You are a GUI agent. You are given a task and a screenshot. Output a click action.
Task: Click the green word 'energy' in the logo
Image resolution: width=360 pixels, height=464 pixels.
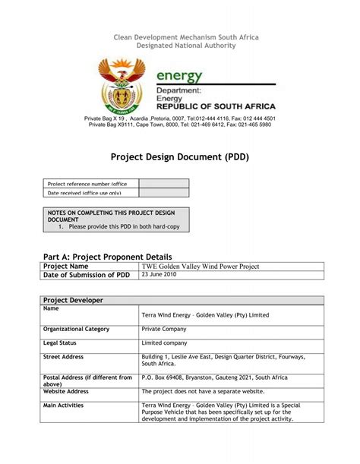(179, 76)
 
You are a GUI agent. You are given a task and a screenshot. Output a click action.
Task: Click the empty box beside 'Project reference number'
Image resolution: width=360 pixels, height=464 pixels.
(163, 183)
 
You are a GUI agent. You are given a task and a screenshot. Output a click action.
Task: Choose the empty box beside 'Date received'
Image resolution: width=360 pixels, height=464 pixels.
(163, 193)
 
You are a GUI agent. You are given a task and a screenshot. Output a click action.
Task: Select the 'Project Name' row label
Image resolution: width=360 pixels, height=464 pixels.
(66, 267)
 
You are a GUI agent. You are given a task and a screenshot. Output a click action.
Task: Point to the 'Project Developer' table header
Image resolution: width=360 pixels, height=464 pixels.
(74, 301)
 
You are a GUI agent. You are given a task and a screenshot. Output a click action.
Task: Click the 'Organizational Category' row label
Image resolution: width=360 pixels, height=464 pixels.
(77, 329)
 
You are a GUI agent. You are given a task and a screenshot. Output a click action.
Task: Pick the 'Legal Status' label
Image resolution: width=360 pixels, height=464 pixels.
(62, 343)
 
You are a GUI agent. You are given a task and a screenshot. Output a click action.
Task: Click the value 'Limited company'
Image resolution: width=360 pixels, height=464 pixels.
(164, 343)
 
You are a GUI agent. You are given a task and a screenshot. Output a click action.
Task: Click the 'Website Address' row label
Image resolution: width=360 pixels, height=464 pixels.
(66, 392)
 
